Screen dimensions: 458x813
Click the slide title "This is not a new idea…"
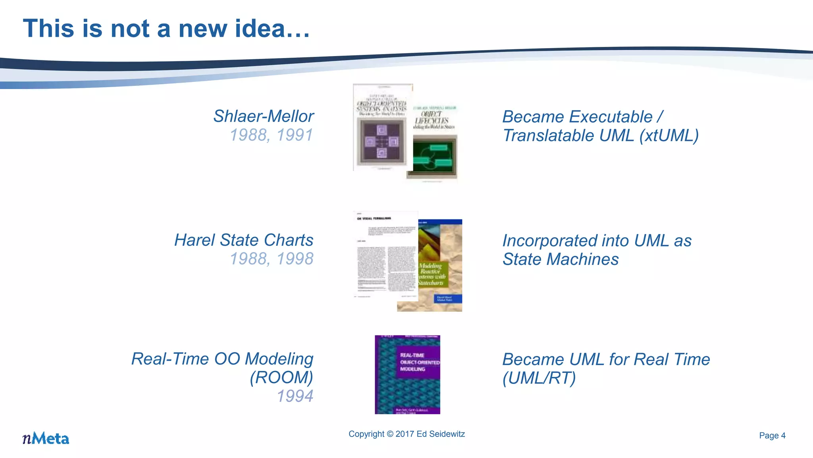click(x=166, y=29)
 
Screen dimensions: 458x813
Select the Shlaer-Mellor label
click(x=263, y=116)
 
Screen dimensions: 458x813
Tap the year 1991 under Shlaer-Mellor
click(x=295, y=135)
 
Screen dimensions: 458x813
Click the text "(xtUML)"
click(x=669, y=136)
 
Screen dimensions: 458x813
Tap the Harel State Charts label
click(x=244, y=240)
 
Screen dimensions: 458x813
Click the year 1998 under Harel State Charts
click(x=295, y=259)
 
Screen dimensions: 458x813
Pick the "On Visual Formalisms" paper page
click(x=385, y=256)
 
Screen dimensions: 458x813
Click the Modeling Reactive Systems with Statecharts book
click(x=437, y=270)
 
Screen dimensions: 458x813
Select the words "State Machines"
click(x=561, y=259)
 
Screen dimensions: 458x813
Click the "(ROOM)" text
click(x=281, y=377)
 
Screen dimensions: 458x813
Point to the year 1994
click(x=295, y=396)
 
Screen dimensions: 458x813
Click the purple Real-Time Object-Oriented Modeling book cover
click(x=407, y=375)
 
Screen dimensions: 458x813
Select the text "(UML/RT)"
click(x=539, y=378)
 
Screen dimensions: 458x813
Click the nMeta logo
click(x=46, y=438)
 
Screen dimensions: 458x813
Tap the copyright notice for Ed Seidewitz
click(x=406, y=434)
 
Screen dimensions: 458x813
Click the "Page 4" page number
click(x=772, y=436)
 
